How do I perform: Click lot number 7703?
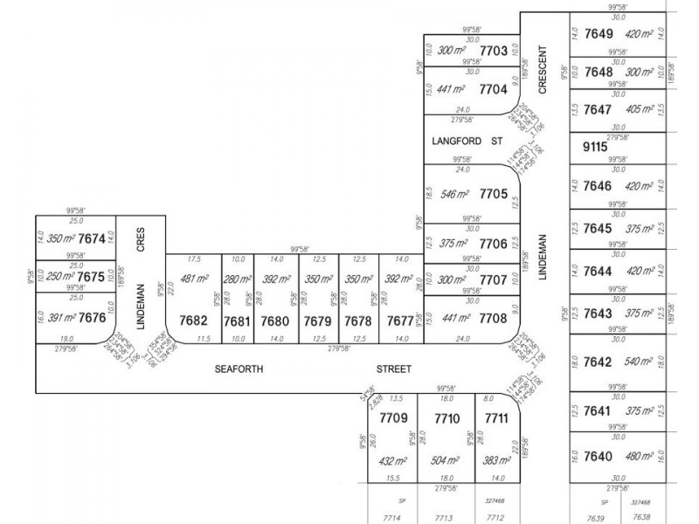click(x=494, y=52)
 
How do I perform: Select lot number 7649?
click(x=599, y=34)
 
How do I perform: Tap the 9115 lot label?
click(x=594, y=148)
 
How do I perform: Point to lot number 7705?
click(x=494, y=194)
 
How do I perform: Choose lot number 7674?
click(x=91, y=238)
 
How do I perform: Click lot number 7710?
click(x=446, y=418)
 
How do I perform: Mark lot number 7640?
click(x=599, y=455)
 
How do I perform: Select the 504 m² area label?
click(x=446, y=460)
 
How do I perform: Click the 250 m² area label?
click(x=60, y=276)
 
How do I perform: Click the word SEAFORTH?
click(x=239, y=369)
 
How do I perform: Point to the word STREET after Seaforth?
click(x=393, y=369)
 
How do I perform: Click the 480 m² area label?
click(x=639, y=456)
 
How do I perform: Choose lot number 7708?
click(x=494, y=319)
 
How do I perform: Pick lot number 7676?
click(x=91, y=319)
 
